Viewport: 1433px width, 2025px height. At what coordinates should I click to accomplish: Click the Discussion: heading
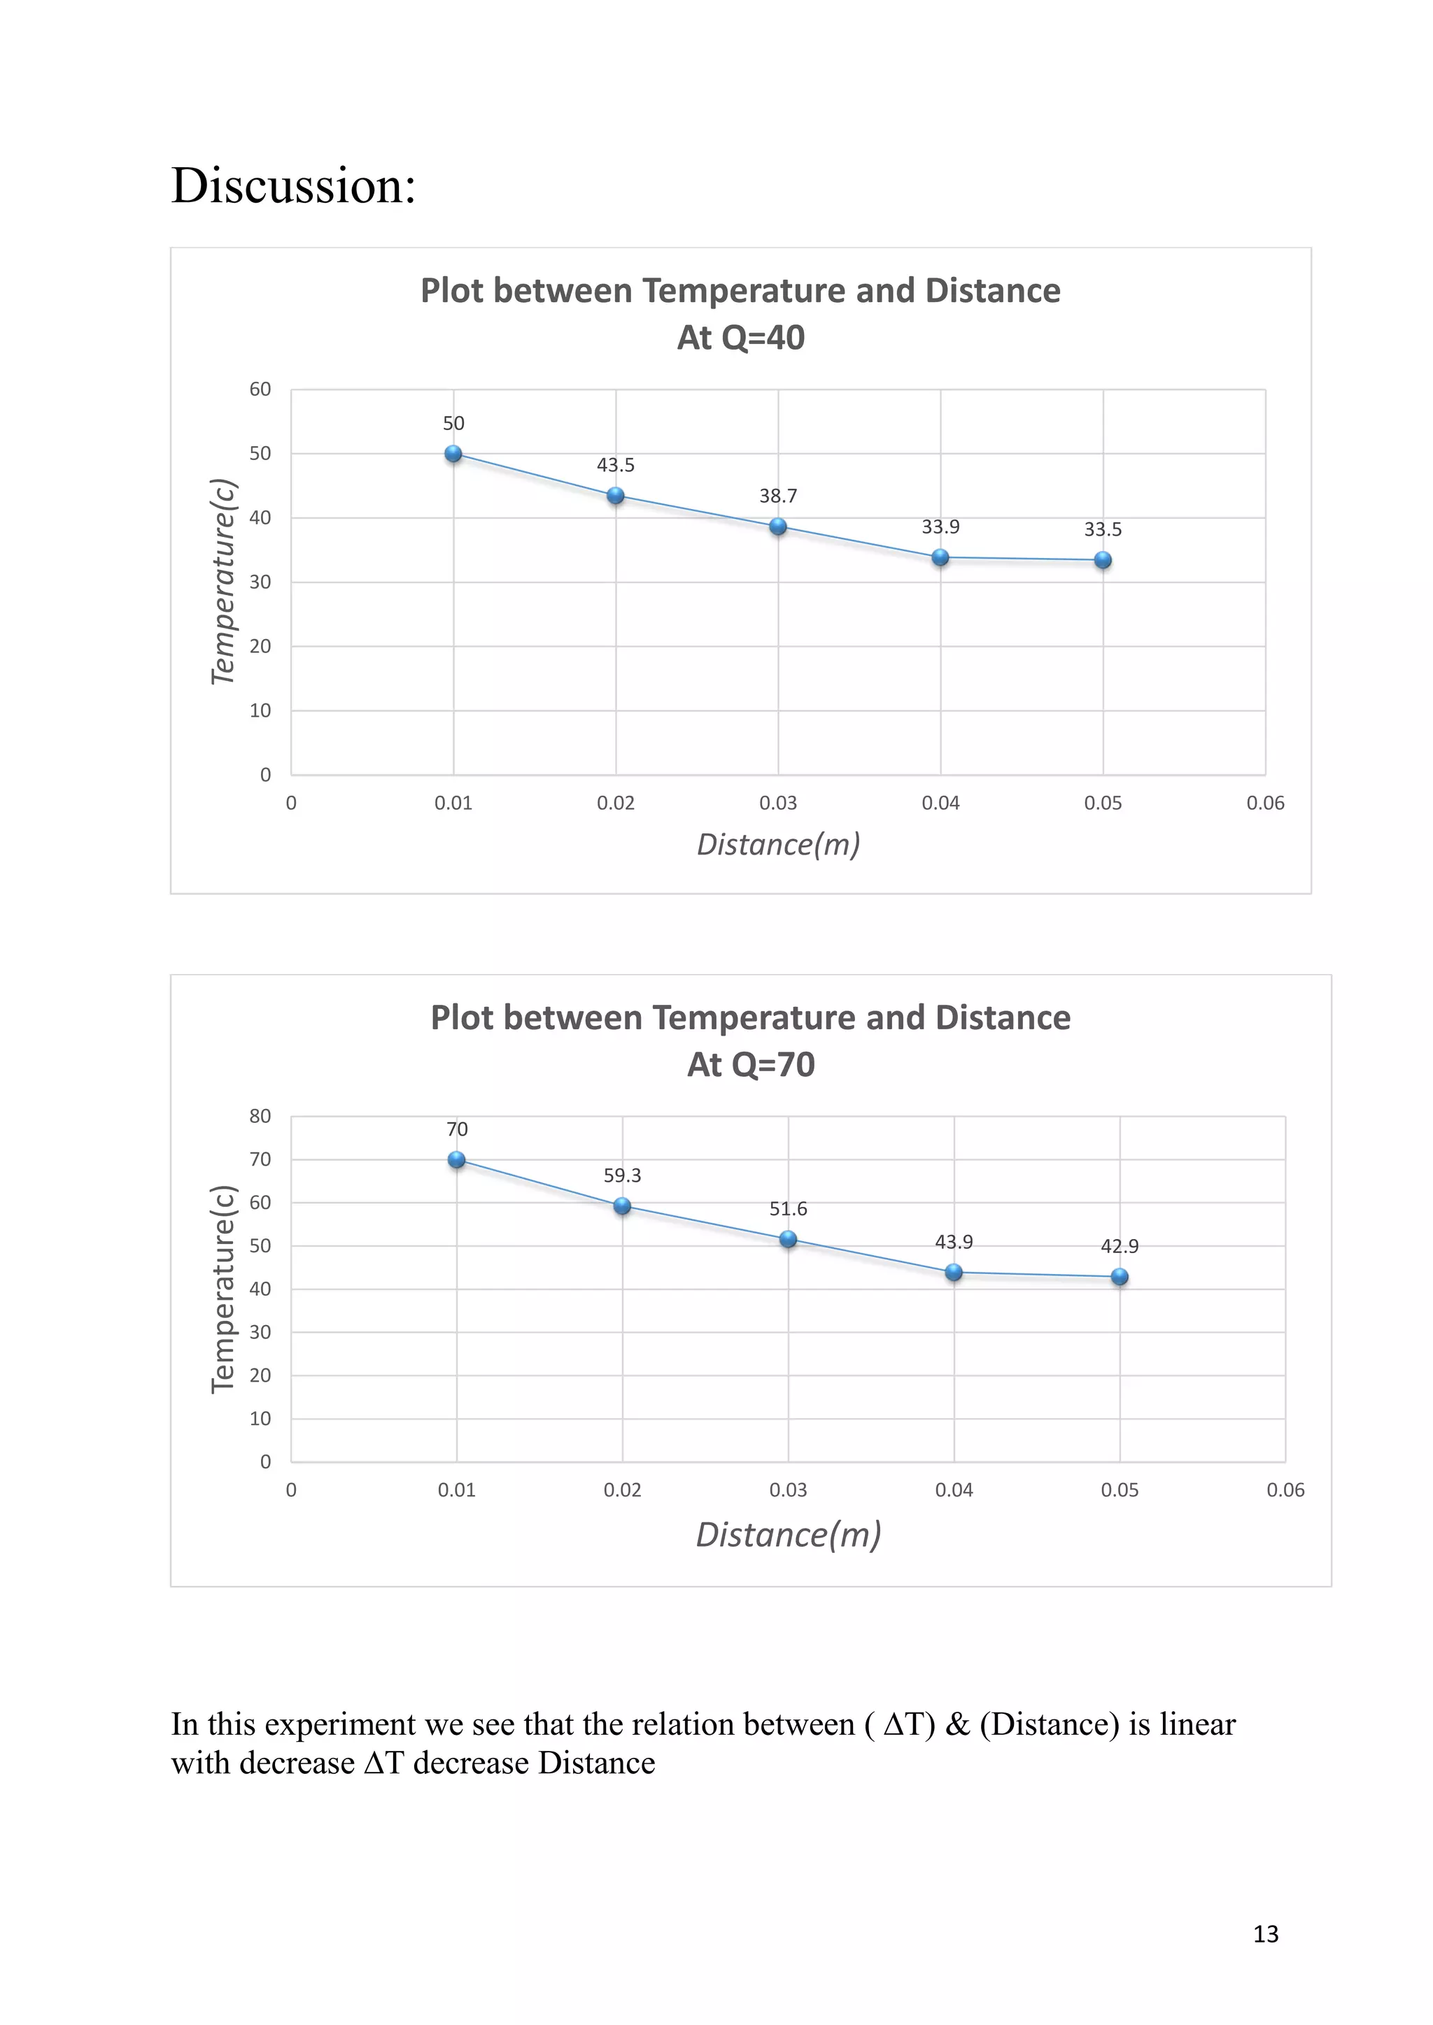click(x=293, y=186)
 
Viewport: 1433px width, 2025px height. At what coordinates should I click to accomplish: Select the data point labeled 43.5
click(x=616, y=496)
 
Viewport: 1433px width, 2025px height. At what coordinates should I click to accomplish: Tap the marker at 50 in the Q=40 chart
click(x=453, y=455)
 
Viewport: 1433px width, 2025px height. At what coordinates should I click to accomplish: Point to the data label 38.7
click(x=778, y=496)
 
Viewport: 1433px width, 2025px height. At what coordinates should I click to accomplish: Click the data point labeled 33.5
click(x=1103, y=560)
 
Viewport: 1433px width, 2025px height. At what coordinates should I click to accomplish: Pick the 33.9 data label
click(x=940, y=527)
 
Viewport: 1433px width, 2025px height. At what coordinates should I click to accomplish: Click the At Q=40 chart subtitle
click(x=740, y=338)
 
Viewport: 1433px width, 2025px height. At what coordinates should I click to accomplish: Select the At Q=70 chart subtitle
click(x=751, y=1064)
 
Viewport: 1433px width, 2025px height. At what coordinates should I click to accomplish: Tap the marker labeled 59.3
click(x=622, y=1205)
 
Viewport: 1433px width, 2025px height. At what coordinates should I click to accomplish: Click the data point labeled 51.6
click(x=789, y=1239)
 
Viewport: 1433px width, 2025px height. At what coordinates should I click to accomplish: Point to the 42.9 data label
click(x=1120, y=1246)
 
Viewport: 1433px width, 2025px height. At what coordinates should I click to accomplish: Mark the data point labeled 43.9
click(x=954, y=1272)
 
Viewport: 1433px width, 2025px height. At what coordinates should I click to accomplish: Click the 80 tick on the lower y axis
click(x=260, y=1117)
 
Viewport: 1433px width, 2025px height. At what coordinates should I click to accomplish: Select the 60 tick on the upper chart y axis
click(x=260, y=389)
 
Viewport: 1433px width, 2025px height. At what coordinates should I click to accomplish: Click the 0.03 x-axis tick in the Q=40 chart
click(x=778, y=803)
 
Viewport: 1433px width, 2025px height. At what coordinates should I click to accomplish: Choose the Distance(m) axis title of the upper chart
click(x=778, y=845)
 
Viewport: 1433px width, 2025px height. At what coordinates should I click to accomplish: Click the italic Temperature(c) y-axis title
click(x=223, y=581)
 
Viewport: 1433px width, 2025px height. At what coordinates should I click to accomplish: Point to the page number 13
click(x=1265, y=1933)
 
